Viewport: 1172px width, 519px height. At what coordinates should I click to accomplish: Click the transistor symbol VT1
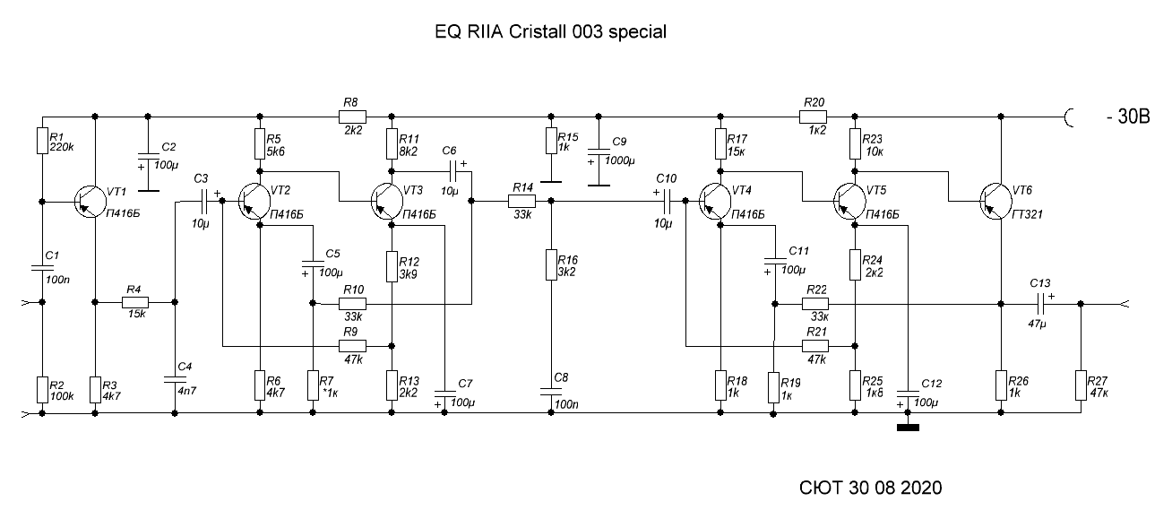pos(90,202)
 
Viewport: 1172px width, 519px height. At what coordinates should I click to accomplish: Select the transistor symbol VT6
pos(995,202)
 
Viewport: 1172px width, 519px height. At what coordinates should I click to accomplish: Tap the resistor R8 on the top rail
pos(353,117)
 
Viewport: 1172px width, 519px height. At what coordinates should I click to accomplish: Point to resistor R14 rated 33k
pos(522,201)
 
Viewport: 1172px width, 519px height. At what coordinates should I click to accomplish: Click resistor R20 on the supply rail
pos(813,117)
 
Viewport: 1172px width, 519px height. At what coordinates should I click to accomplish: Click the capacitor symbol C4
pos(175,379)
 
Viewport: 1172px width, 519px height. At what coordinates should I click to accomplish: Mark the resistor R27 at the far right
pos(1081,385)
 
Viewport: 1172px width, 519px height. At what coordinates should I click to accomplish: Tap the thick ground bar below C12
pos(908,428)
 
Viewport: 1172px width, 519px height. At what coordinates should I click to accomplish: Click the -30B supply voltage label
pos(1129,117)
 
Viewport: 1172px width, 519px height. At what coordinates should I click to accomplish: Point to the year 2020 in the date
pos(921,488)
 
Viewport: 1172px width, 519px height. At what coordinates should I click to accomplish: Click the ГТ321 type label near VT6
pos(1028,214)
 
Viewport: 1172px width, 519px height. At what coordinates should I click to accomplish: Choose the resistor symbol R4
pos(135,302)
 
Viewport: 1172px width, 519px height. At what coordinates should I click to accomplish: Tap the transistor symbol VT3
pos(387,202)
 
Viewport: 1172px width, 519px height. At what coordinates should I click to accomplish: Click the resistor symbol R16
pos(551,265)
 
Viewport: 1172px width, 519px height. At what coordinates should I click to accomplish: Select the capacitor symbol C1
pos(42,268)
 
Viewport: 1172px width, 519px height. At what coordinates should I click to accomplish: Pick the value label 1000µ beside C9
pos(619,160)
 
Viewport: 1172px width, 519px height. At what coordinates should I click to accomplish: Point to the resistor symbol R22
pos(815,304)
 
